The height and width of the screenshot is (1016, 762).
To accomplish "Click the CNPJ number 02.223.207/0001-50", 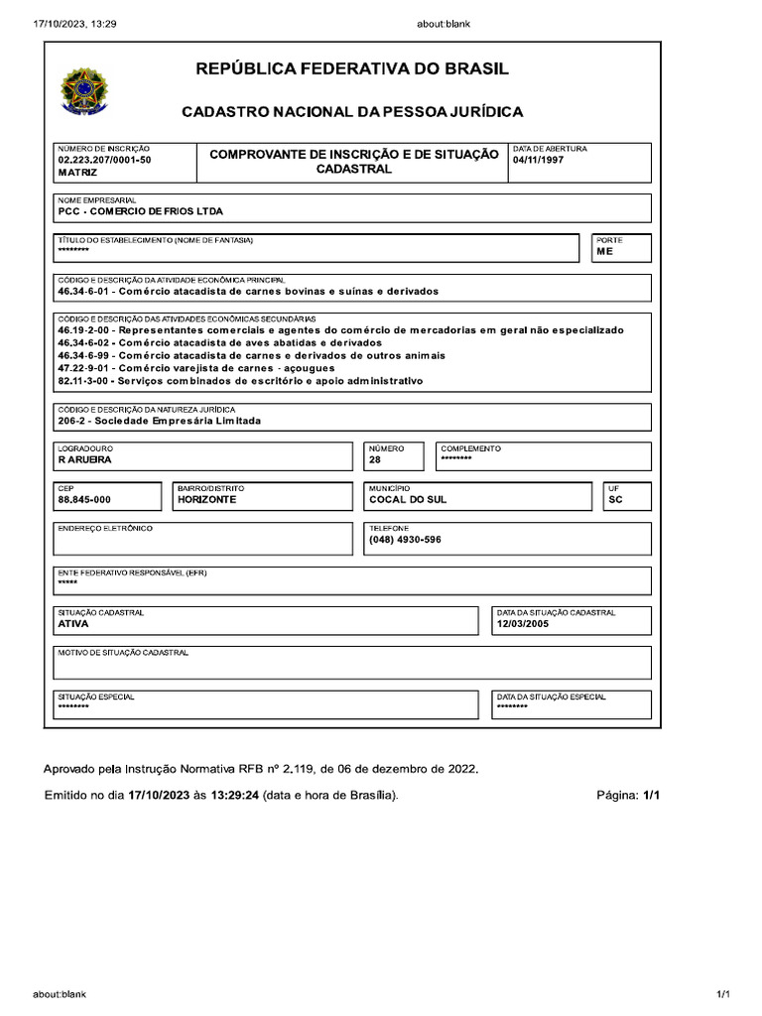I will pos(104,160).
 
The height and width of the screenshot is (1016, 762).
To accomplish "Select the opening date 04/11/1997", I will pos(538,160).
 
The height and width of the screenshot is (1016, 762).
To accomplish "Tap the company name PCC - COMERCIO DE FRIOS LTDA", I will pos(141,211).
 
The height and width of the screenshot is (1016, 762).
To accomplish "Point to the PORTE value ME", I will pos(604,253).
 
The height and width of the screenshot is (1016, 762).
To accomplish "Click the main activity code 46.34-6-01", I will pos(86,292).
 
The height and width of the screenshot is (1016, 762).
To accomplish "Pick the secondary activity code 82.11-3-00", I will pos(86,381).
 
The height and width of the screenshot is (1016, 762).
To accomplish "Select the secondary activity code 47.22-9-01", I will pos(86,368).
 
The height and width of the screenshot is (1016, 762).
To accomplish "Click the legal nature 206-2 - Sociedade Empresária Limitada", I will pos(160,421).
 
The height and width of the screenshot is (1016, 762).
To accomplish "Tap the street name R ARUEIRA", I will pos(85,460).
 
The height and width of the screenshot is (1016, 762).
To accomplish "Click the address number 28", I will pos(375,460).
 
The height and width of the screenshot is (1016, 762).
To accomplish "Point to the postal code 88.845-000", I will pos(84,500).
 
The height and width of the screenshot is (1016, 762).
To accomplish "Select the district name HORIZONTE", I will pos(206,500).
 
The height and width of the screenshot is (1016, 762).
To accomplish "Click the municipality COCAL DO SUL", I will pos(408,500).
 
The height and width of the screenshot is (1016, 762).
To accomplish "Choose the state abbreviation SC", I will pos(614,500).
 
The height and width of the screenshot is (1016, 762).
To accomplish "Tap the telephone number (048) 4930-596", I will pos(405,540).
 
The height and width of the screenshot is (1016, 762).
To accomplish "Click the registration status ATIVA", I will pos(73,624).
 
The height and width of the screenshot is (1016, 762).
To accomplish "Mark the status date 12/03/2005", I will pos(522,624).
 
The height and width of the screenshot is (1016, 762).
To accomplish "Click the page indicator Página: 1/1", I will pos(627,796).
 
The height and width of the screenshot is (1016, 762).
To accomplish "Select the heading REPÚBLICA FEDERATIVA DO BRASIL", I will pos(352,69).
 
